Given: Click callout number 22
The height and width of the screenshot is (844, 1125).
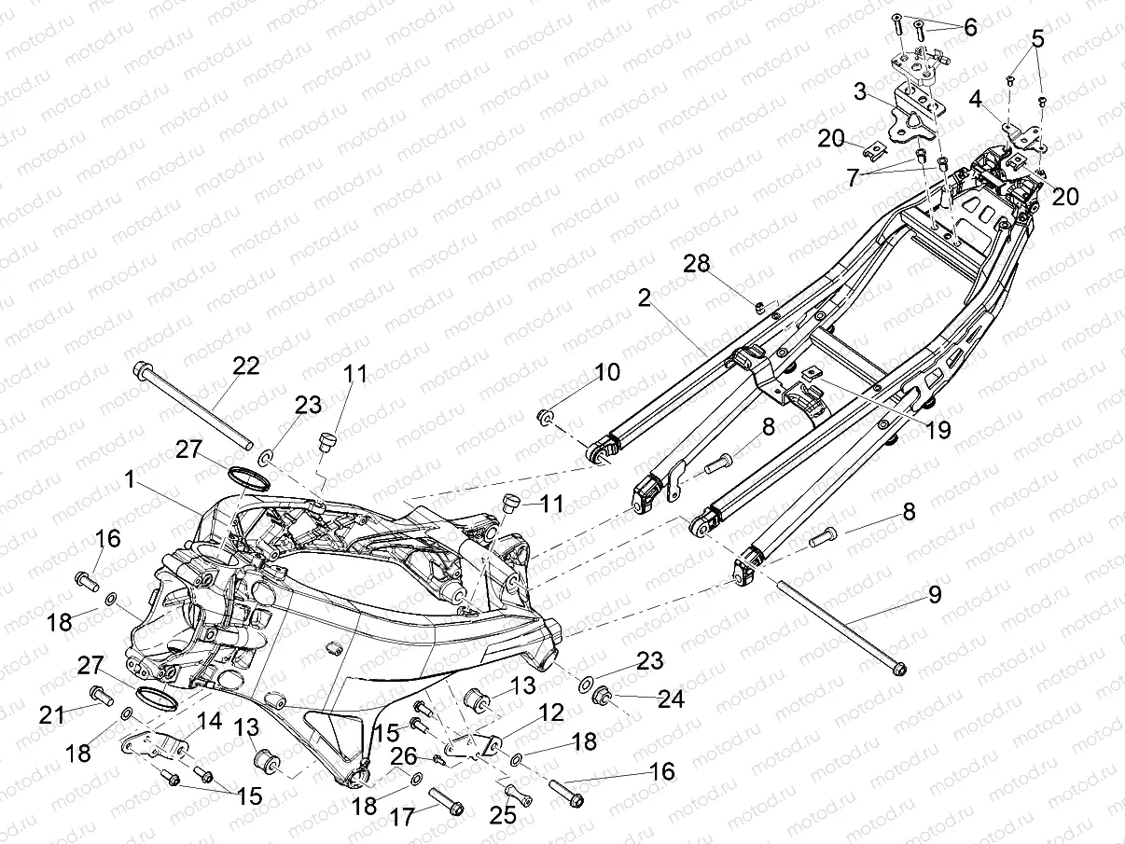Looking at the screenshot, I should (x=245, y=367).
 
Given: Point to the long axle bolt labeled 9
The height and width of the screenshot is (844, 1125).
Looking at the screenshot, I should (x=840, y=625).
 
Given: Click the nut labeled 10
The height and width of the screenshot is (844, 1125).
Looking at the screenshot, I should (x=548, y=415).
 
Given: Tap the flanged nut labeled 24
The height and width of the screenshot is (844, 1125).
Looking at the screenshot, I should (x=604, y=694).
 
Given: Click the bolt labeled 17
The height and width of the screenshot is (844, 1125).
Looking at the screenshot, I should (x=445, y=799).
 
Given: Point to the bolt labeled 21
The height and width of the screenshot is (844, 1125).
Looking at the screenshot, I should (x=99, y=693).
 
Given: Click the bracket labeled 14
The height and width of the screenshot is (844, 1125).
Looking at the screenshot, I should (x=153, y=744).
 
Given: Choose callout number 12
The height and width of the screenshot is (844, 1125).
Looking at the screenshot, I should (x=551, y=713).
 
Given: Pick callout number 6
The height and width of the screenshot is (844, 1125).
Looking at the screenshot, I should (x=970, y=27).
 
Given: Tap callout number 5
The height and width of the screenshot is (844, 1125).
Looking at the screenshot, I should (x=1037, y=40).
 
